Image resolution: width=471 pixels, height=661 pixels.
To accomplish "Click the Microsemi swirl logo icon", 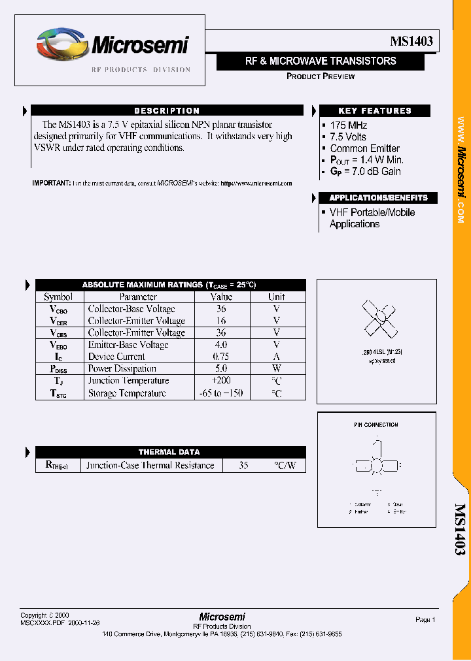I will (x=61, y=45).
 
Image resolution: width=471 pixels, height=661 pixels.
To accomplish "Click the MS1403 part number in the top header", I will (x=410, y=41).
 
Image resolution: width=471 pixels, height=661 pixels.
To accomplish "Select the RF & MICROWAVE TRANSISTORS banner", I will (x=321, y=61).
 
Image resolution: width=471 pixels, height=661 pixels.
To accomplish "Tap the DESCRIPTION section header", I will (x=167, y=111).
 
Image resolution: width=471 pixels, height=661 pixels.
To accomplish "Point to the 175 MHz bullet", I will (x=349, y=125).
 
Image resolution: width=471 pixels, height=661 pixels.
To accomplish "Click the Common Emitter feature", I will (x=364, y=148).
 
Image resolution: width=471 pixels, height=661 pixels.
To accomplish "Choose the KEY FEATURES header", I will (x=374, y=111).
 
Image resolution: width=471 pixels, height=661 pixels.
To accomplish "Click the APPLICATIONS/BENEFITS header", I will (x=378, y=198).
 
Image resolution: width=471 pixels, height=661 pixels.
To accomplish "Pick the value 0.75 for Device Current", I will (x=221, y=357).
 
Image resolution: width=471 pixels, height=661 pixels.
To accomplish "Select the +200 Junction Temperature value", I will (x=220, y=381).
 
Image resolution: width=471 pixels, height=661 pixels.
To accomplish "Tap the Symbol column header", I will (x=58, y=297).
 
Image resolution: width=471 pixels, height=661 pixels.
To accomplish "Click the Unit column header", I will (x=277, y=297).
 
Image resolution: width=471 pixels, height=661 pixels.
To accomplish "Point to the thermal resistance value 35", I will (x=243, y=466).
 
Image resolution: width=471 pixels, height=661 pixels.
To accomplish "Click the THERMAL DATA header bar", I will (x=169, y=452).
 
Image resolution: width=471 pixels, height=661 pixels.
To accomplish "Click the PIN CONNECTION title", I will (x=376, y=425).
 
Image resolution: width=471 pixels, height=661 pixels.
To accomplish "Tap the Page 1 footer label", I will (x=425, y=620).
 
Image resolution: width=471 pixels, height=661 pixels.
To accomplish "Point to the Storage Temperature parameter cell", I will (x=127, y=393).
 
